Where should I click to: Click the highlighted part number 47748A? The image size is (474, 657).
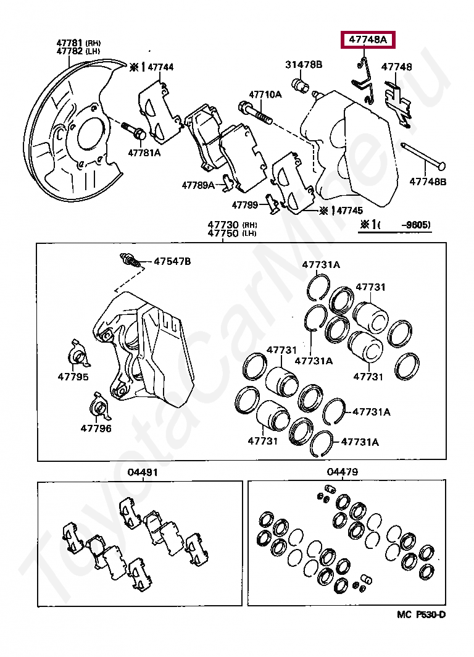click(x=368, y=41)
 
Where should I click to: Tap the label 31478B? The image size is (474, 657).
click(x=304, y=64)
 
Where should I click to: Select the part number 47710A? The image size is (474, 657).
click(x=265, y=94)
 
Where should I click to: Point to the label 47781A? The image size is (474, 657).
click(x=144, y=153)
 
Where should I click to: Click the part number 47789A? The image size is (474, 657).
click(x=198, y=185)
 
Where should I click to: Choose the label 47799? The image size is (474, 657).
click(x=245, y=204)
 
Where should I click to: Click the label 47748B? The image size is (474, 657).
click(x=428, y=182)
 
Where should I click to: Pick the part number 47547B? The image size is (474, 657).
click(x=172, y=261)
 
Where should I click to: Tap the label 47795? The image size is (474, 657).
click(x=73, y=377)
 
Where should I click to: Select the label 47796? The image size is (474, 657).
click(x=96, y=427)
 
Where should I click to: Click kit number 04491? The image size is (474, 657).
click(x=143, y=472)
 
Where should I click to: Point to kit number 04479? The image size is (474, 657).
click(x=343, y=472)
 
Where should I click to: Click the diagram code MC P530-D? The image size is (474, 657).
click(x=421, y=614)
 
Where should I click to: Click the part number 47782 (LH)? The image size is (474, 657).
click(x=70, y=51)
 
